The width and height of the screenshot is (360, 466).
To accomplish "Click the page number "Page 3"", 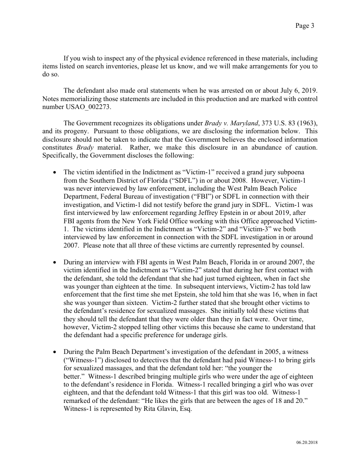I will pyautogui.click(x=304, y=26).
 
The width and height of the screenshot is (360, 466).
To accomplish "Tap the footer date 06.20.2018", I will pyautogui.click(x=307, y=442).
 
